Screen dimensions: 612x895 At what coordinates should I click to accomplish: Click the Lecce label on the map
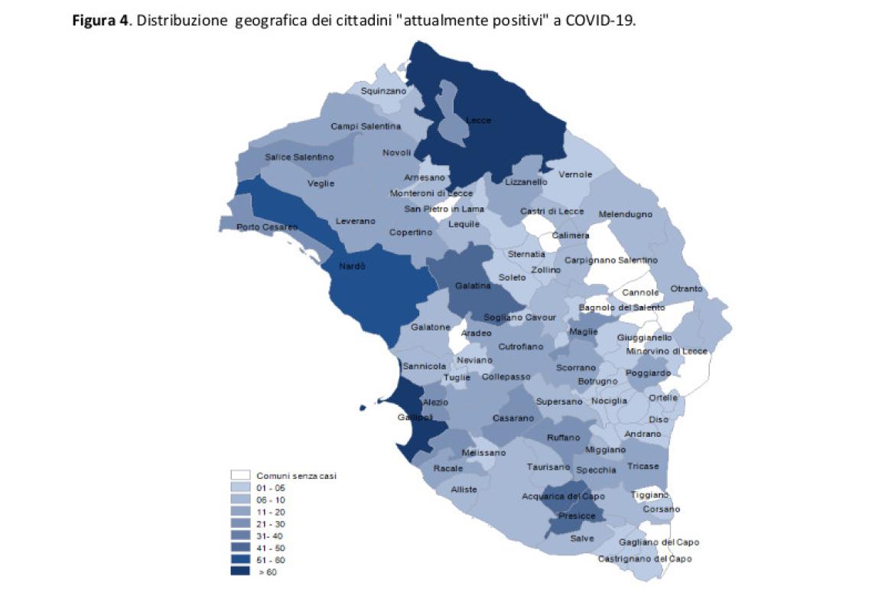tap(479, 120)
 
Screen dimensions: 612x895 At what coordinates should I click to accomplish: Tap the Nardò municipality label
tap(353, 267)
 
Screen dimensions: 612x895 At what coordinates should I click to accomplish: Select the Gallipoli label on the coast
tap(415, 417)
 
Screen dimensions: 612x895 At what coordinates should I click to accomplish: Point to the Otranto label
tap(686, 288)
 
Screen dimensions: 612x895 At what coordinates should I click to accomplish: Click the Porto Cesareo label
tap(267, 227)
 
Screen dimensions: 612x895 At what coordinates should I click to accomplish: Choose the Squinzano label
tap(383, 90)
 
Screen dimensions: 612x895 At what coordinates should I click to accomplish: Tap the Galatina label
tap(473, 285)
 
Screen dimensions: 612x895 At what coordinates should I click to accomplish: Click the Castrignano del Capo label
tap(645, 558)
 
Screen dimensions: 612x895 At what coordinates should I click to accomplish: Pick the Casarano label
tap(513, 418)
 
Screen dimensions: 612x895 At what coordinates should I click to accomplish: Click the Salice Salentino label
tap(299, 157)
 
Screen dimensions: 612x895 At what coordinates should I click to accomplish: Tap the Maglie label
tap(584, 331)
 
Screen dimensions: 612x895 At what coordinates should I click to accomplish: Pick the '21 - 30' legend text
tap(269, 523)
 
